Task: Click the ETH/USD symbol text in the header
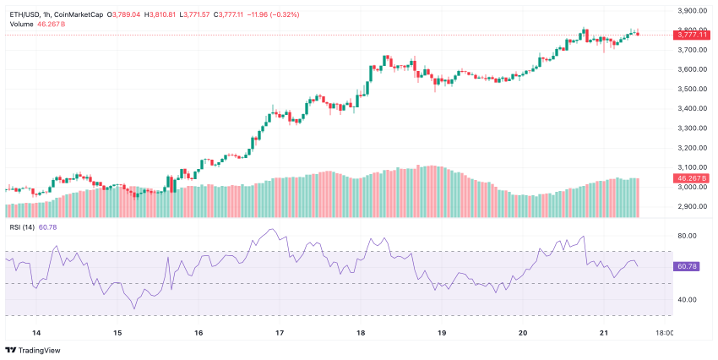pos(25,14)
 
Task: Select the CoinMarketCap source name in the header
pos(85,14)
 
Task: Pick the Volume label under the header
pos(22,24)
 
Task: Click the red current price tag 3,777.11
pos(691,35)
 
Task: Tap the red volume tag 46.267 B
pos(691,179)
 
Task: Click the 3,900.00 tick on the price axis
pos(692,11)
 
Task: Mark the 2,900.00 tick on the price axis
pos(692,206)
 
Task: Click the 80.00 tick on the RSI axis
pos(686,236)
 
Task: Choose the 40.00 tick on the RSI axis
pos(686,299)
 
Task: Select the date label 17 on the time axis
pos(280,333)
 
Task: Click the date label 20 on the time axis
pos(523,333)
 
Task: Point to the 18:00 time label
pos(664,333)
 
